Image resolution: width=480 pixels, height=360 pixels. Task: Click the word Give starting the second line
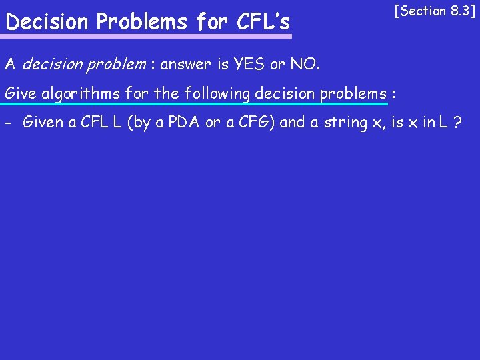pos(21,93)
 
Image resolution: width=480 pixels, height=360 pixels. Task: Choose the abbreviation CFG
pos(250,122)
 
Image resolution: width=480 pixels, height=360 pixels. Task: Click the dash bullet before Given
pos(8,122)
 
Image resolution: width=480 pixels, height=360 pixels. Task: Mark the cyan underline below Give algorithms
pos(193,105)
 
